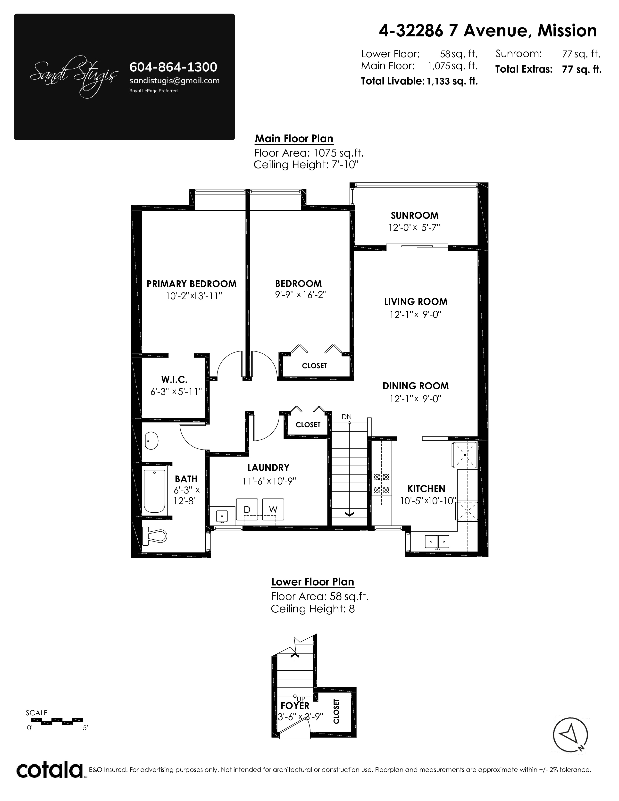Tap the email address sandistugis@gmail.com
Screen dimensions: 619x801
(175, 81)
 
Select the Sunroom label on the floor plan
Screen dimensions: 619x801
(414, 215)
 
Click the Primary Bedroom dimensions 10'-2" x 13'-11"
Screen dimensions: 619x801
(194, 296)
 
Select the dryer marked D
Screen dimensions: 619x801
(247, 509)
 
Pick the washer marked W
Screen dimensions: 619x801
(273, 509)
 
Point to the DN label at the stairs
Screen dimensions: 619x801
(347, 417)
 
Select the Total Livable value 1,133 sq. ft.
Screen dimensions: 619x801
(452, 81)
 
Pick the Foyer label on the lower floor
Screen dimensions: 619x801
(295, 706)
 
